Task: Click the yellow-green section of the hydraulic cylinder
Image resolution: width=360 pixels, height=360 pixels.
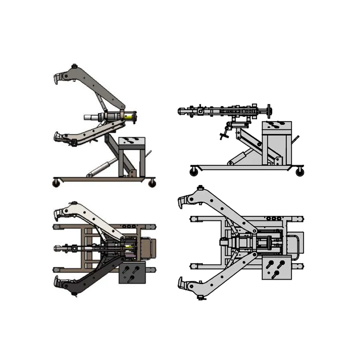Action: coord(129,117)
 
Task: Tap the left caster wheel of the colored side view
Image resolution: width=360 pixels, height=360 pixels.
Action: coord(56,182)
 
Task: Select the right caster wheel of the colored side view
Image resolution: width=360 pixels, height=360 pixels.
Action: coord(153,183)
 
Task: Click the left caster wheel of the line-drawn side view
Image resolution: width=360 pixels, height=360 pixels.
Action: coord(194,171)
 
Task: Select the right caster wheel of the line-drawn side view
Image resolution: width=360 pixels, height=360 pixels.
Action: coord(299,171)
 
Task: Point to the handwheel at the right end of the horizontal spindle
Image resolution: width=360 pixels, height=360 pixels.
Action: coord(269,110)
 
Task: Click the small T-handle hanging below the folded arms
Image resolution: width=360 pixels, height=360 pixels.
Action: coord(222,135)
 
